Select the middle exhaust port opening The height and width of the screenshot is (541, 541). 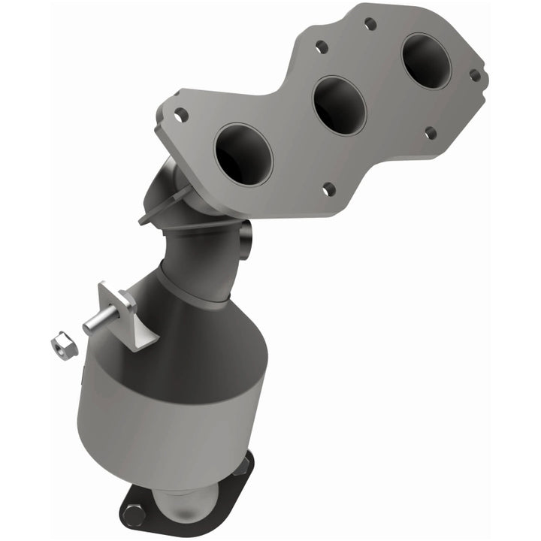(x=338, y=104)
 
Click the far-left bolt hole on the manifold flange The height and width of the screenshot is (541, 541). (x=181, y=115)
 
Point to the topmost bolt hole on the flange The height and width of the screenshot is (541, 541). (x=370, y=23)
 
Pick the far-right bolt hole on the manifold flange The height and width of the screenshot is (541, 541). (x=475, y=75)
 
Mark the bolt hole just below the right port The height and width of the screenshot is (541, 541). (x=430, y=133)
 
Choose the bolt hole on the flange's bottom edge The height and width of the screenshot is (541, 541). (x=328, y=188)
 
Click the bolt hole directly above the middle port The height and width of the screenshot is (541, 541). (x=322, y=47)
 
